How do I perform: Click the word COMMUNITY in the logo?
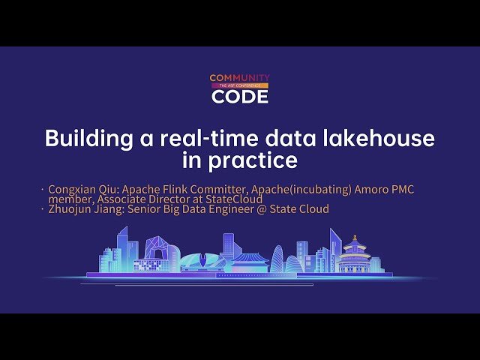239,77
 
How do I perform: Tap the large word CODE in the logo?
239,96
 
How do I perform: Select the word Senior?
148,209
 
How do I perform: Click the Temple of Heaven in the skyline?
355,255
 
